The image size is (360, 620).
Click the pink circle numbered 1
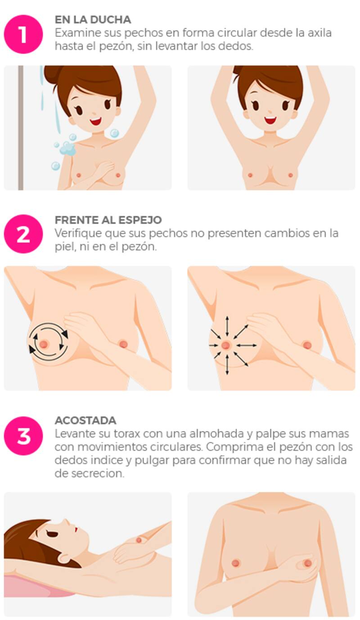[23, 34]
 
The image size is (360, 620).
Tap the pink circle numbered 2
[23, 234]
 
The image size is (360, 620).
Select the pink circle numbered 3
[23, 436]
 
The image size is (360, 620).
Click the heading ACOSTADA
[85, 421]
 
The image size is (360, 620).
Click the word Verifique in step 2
[78, 234]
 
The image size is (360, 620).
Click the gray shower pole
[21, 127]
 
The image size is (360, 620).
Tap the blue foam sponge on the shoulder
[68, 149]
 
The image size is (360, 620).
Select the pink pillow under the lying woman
[39, 584]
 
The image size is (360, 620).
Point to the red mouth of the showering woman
[96, 121]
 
